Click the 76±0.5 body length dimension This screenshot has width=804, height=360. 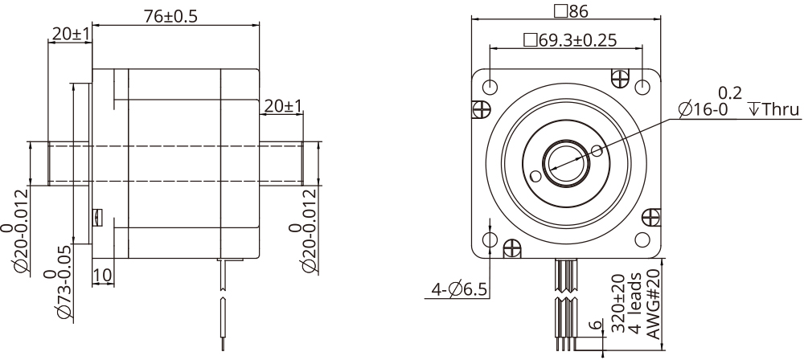[175, 15]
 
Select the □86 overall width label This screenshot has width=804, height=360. [568, 10]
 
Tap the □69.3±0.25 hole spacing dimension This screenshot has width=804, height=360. [569, 40]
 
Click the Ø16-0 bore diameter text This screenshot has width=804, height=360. [703, 109]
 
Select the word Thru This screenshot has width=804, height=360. [776, 109]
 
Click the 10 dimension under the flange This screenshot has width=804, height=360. [102, 276]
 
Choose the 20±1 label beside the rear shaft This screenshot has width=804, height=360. [282, 106]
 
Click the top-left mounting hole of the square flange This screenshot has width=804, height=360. [490, 86]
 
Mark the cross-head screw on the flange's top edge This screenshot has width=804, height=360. [620, 77]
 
